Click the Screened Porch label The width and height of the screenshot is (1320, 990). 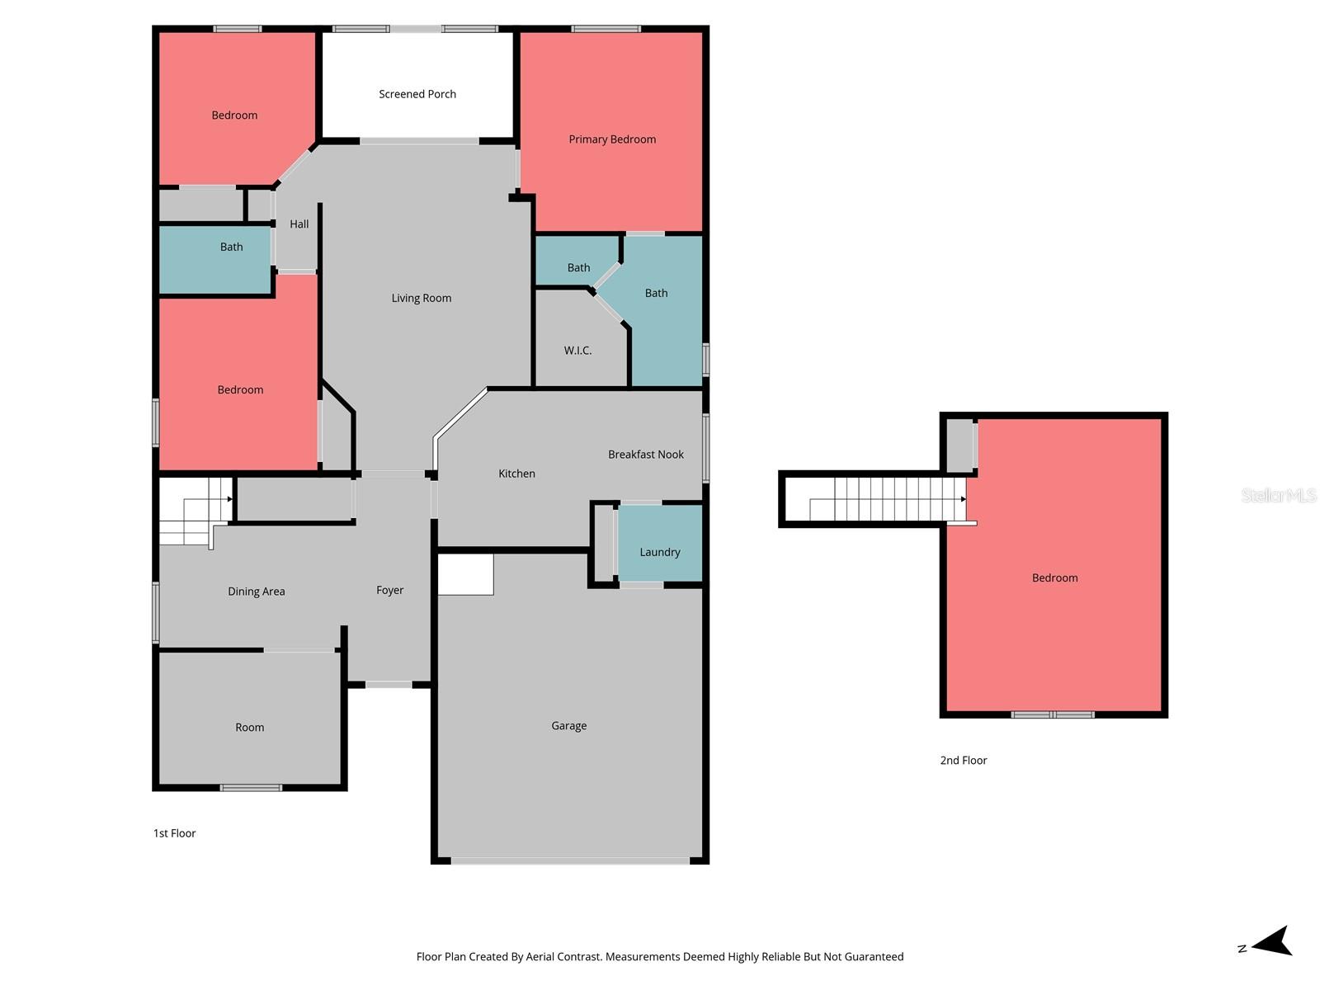pyautogui.click(x=417, y=94)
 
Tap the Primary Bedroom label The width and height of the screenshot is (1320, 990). pyautogui.click(x=612, y=139)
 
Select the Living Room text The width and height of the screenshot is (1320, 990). pyautogui.click(x=422, y=298)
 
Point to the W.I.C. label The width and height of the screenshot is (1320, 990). pyautogui.click(x=577, y=351)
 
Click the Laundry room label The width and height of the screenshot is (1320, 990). pyautogui.click(x=660, y=552)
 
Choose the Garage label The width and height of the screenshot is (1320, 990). pyautogui.click(x=569, y=726)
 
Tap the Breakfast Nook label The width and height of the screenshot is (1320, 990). pyautogui.click(x=646, y=455)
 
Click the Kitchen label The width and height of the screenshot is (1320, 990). pyautogui.click(x=516, y=474)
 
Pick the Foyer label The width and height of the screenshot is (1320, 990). pyautogui.click(x=390, y=590)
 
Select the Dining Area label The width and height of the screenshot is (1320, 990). pyautogui.click(x=257, y=592)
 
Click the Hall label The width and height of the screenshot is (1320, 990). pyautogui.click(x=299, y=224)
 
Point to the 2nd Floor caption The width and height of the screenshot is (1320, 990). pyautogui.click(x=964, y=761)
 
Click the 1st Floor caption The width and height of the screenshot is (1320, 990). pyautogui.click(x=175, y=833)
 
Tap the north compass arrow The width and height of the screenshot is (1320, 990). pyautogui.click(x=1270, y=941)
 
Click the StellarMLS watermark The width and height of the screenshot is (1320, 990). pyautogui.click(x=1279, y=495)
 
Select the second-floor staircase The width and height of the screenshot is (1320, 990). pyautogui.click(x=887, y=499)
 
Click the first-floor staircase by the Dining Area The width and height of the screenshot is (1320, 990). pyautogui.click(x=194, y=511)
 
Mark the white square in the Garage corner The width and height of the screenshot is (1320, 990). pyautogui.click(x=465, y=574)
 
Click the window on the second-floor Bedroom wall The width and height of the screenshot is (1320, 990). pyautogui.click(x=1053, y=714)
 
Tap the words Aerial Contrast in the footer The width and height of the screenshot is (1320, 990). pyautogui.click(x=563, y=957)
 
